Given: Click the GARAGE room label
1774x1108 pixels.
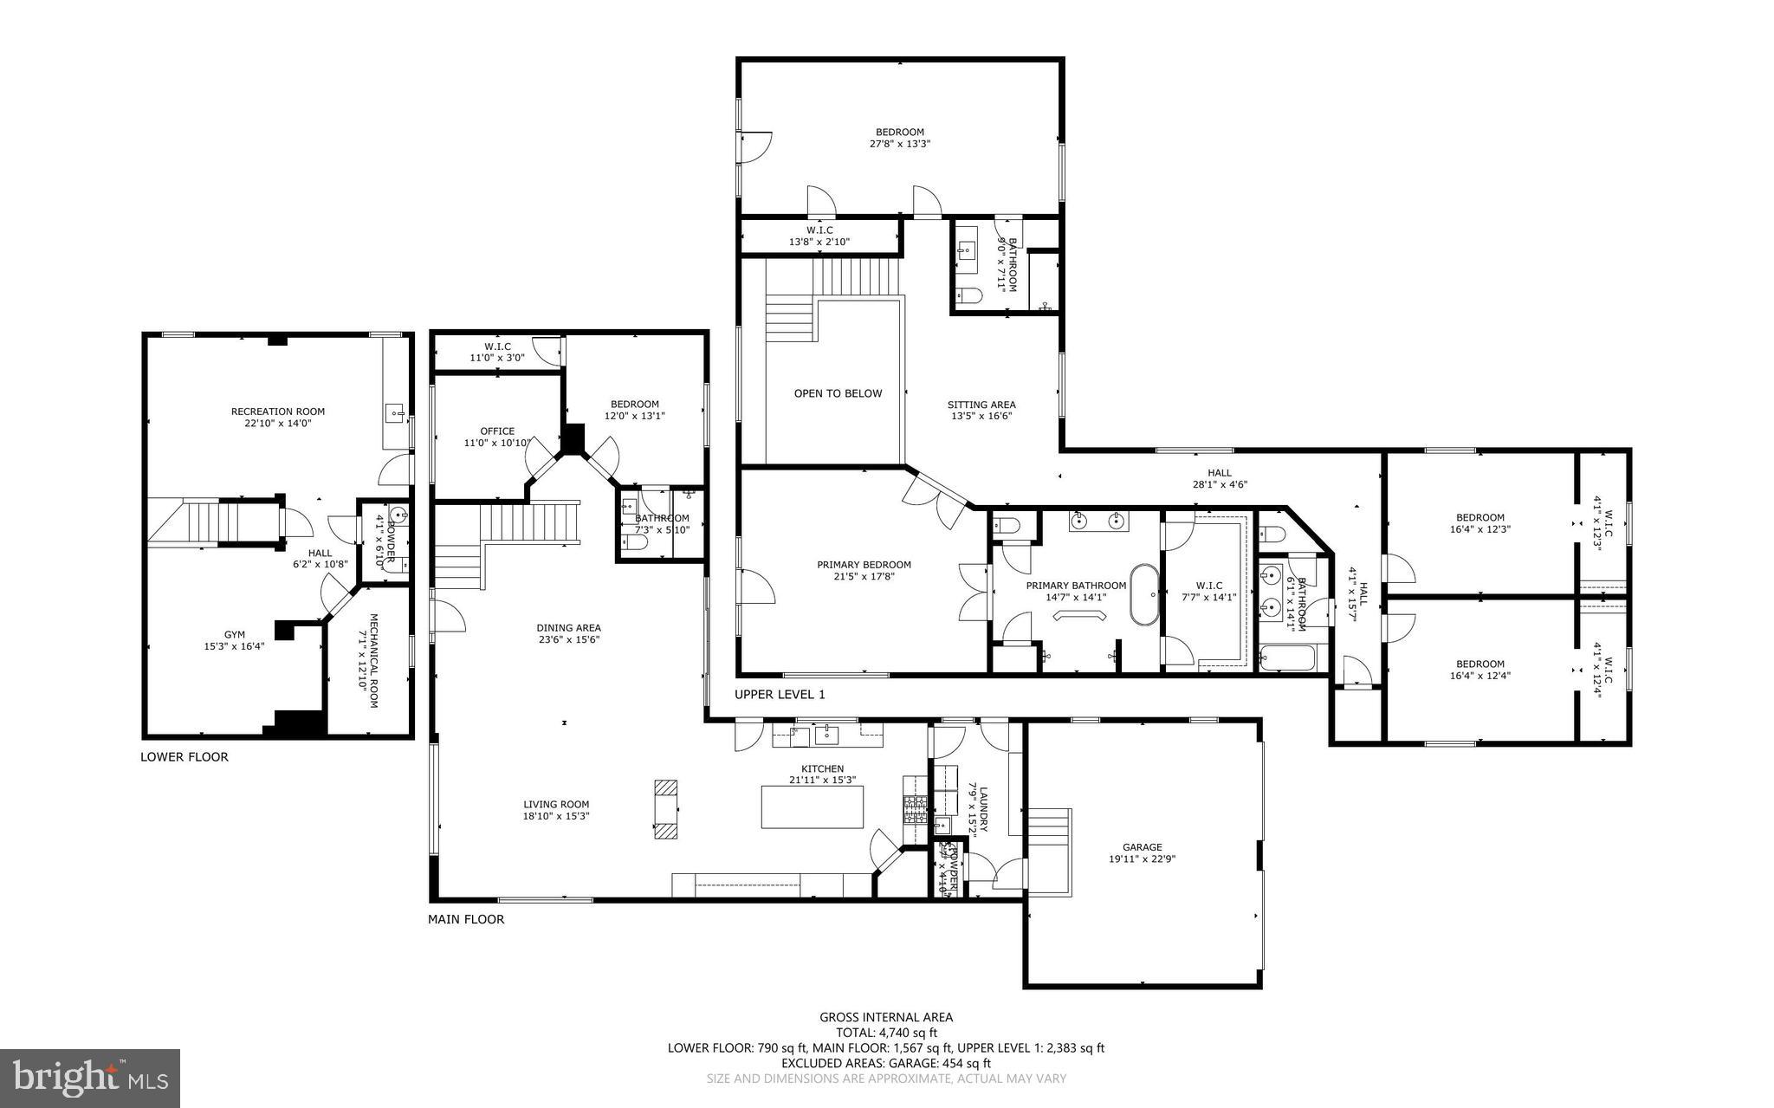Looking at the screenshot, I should tap(1142, 847).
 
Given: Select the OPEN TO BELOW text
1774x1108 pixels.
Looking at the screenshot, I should tap(838, 393).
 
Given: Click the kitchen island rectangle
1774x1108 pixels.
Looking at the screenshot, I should tap(813, 807).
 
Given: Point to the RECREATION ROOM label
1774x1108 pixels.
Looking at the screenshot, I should tap(277, 411).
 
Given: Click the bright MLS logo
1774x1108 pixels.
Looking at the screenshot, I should tap(90, 1077).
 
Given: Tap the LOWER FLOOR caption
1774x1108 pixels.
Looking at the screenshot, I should tap(185, 757).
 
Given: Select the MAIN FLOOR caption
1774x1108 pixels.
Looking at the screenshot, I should tap(466, 920).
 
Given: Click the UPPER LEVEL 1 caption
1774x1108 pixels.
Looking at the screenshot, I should tap(780, 695).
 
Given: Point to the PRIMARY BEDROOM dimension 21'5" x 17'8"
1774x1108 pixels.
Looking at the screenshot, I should tap(864, 576).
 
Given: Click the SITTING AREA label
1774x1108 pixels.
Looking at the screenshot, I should tap(981, 405).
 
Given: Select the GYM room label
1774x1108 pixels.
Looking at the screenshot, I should tap(234, 635).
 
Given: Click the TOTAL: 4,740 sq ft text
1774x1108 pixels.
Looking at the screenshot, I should tap(886, 1033).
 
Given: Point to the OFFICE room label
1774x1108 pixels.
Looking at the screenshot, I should tap(497, 431).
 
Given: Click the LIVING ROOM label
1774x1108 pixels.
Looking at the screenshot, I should tap(556, 804).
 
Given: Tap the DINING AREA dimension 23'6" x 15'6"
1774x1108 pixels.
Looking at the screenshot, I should tap(568, 640).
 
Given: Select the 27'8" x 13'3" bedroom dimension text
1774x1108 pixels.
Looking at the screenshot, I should tap(899, 144).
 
